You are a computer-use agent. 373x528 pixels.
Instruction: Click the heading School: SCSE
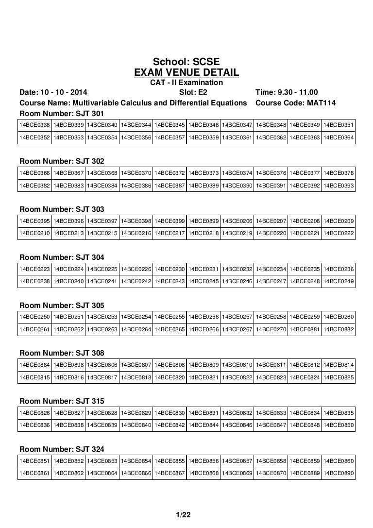[186, 62]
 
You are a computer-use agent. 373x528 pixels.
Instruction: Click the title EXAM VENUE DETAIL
[186, 73]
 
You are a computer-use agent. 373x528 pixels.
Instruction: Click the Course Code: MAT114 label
[295, 102]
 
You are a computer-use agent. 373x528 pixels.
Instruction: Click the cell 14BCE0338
[34, 126]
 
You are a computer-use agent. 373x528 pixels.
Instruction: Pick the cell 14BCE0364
[339, 138]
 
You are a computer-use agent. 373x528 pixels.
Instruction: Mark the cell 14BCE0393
[339, 186]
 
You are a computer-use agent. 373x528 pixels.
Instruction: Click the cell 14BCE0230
[170, 269]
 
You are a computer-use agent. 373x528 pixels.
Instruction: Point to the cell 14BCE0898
[68, 365]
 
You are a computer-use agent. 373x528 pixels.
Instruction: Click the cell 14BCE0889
[305, 473]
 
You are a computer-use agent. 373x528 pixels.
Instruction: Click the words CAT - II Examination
[186, 83]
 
